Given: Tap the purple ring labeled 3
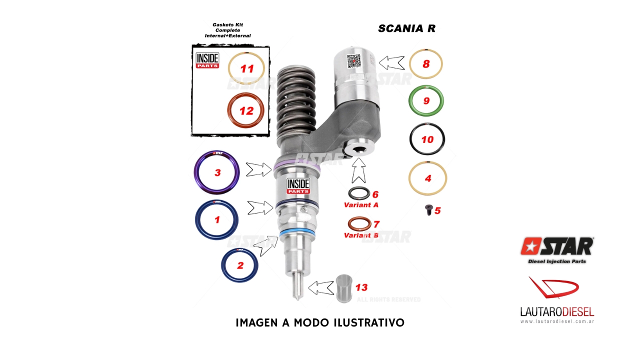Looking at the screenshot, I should (216, 173).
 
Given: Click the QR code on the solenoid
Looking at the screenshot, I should (354, 61).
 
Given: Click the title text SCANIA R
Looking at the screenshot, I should (406, 28).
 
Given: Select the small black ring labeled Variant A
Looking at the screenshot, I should (359, 193).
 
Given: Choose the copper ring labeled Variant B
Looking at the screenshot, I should (359, 223).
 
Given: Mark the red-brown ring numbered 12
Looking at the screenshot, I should (246, 111).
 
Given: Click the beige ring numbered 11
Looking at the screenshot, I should (246, 68).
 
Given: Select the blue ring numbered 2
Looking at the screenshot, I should (239, 265).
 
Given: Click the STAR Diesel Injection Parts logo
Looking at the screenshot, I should (556, 250).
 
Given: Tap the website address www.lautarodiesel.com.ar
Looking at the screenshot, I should (556, 321).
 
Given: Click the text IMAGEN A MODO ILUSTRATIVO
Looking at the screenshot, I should (320, 323).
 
